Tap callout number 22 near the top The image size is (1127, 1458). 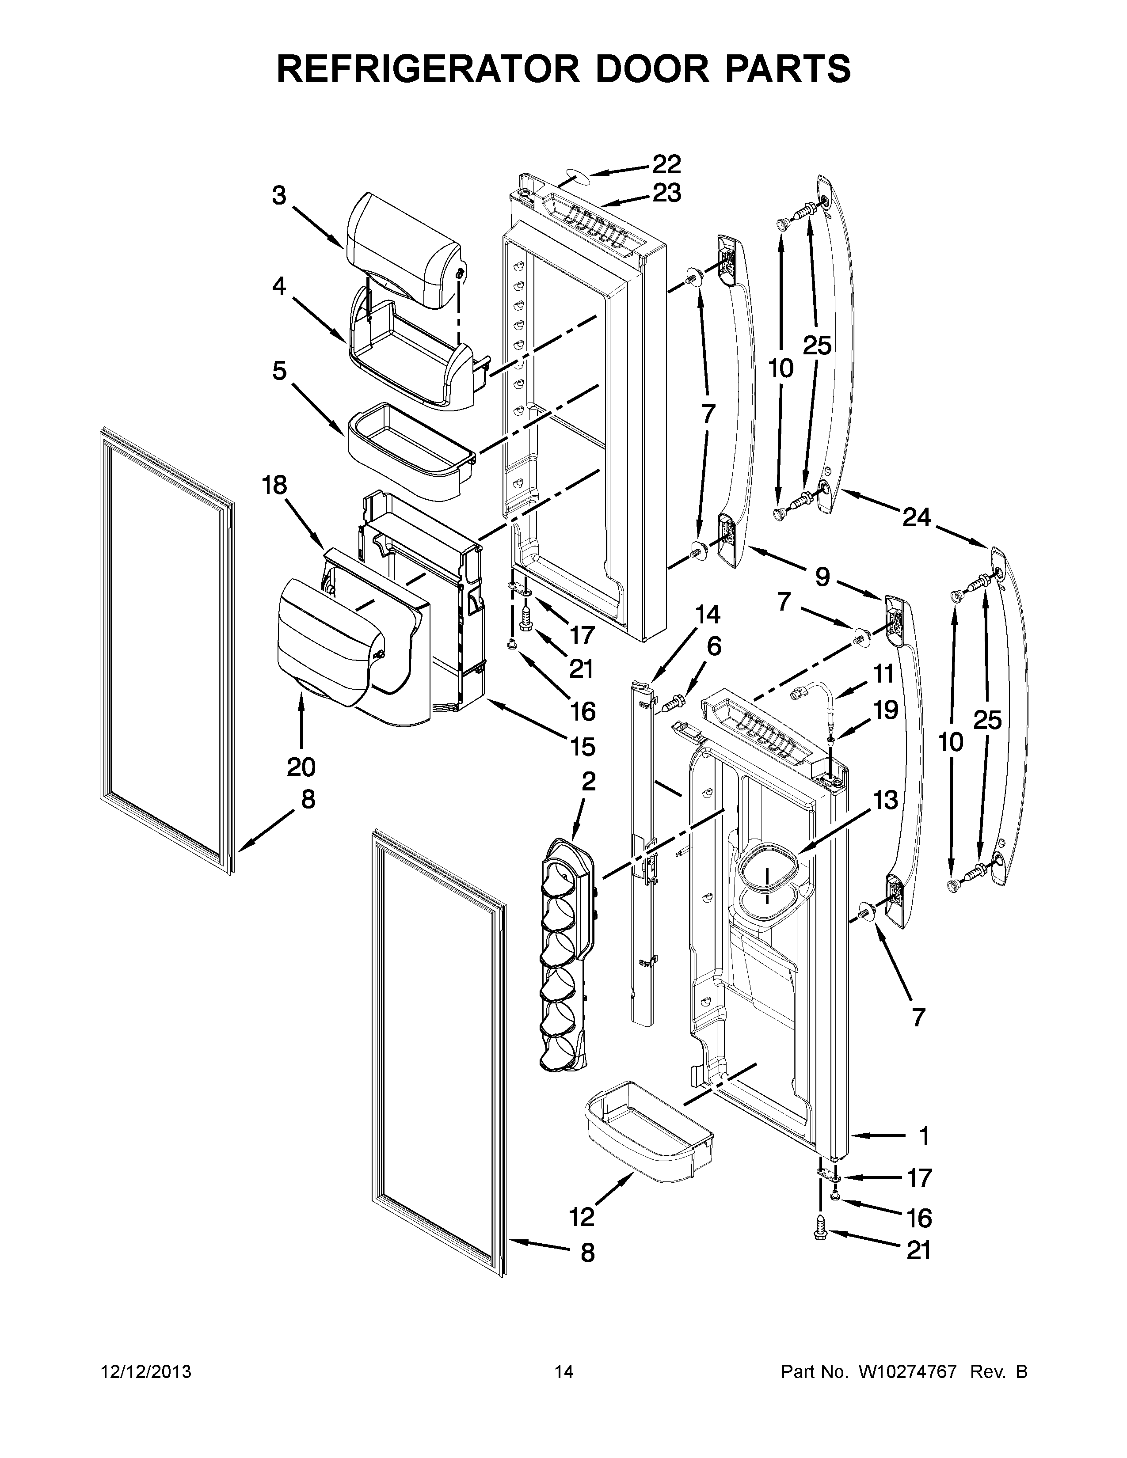(666, 164)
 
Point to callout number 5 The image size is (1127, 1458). (279, 371)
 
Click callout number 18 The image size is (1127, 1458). (274, 485)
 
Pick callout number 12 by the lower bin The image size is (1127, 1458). (582, 1217)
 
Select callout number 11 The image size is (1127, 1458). (884, 674)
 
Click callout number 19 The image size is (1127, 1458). (885, 710)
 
